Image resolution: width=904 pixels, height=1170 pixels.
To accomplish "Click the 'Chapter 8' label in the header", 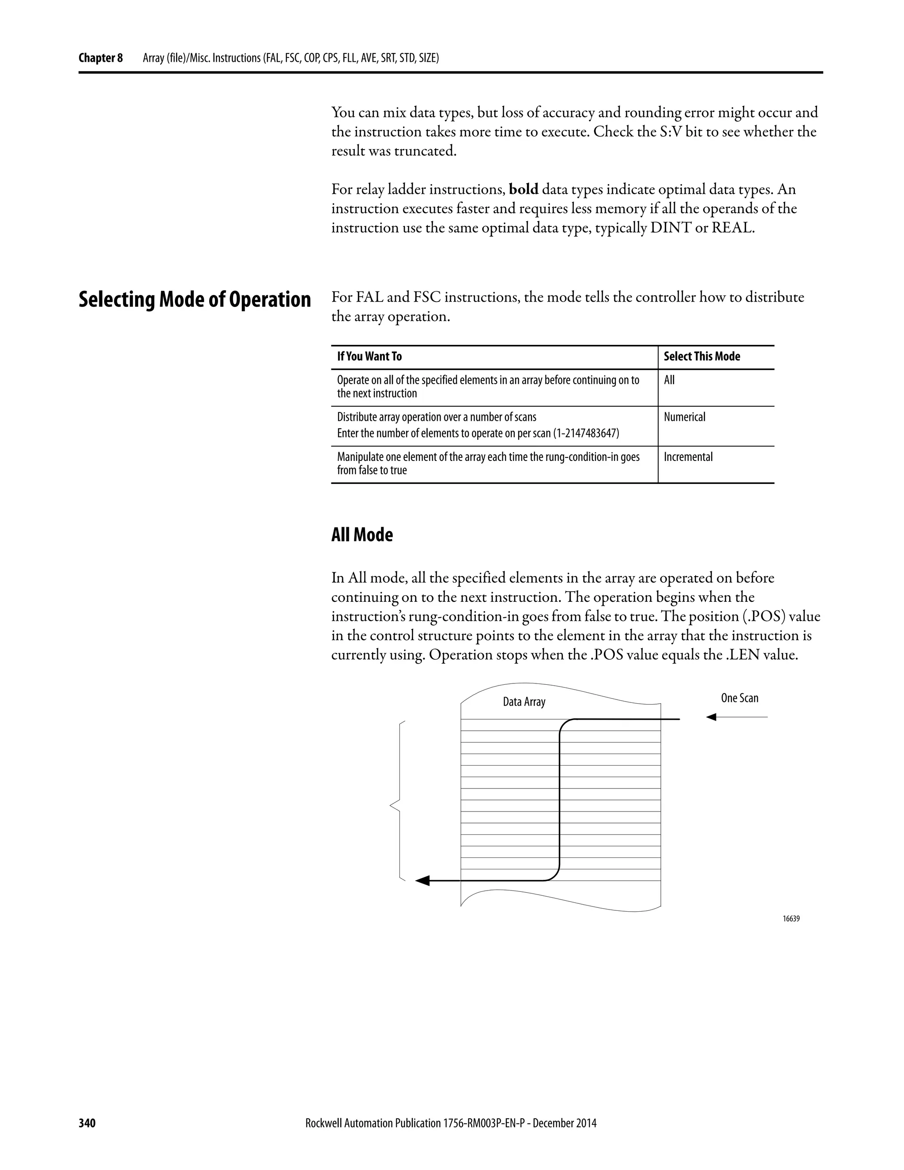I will pyautogui.click(x=100, y=58).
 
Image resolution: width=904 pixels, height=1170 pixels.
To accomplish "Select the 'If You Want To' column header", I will pyautogui.click(x=369, y=357).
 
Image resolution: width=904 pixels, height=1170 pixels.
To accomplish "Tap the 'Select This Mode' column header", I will pyautogui.click(x=701, y=357).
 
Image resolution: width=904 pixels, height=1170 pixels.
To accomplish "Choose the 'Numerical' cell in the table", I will pyautogui.click(x=685, y=417).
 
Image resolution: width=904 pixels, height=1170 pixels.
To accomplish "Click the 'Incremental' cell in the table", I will pyautogui.click(x=688, y=457).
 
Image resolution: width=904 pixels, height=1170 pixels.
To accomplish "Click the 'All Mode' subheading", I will pyautogui.click(x=362, y=535).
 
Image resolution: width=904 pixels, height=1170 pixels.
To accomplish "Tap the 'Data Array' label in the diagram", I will pyautogui.click(x=524, y=702).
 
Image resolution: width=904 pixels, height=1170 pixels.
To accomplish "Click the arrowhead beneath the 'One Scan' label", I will pyautogui.click(x=711, y=717).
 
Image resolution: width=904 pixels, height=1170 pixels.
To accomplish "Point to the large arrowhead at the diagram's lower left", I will pyautogui.click(x=422, y=880).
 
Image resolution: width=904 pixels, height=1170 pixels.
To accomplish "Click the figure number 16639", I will pyautogui.click(x=791, y=918).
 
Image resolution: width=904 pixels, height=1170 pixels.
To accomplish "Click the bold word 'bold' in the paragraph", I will pyautogui.click(x=523, y=190).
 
